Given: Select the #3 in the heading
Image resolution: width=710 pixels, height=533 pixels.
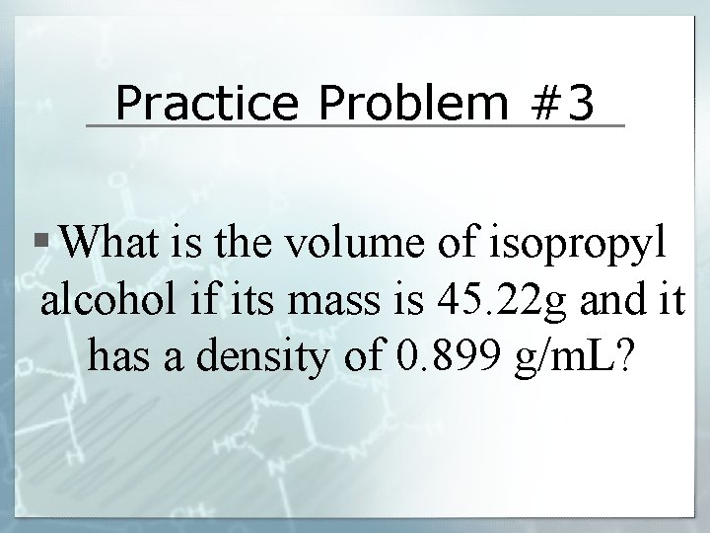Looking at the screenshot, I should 560,102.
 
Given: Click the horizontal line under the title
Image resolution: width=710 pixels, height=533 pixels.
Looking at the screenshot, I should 355,126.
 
